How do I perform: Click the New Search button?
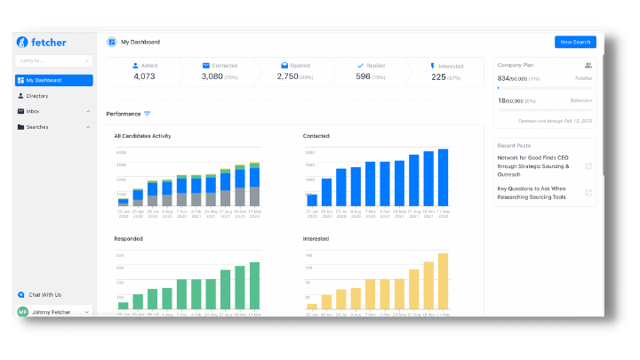[575, 42]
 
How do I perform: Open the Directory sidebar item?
[37, 96]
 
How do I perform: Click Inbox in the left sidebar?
[32, 111]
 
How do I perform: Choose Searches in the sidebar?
[37, 127]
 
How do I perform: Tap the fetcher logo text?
[49, 43]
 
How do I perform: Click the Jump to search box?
[53, 60]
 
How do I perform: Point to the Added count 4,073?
[144, 76]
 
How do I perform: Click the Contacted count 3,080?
[212, 76]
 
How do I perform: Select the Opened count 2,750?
[288, 76]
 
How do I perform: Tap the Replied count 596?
[364, 76]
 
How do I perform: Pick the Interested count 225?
[438, 76]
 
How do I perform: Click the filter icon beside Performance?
[148, 114]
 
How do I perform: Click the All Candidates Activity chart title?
[142, 136]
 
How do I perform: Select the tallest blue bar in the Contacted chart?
[443, 177]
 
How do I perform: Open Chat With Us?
[45, 294]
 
